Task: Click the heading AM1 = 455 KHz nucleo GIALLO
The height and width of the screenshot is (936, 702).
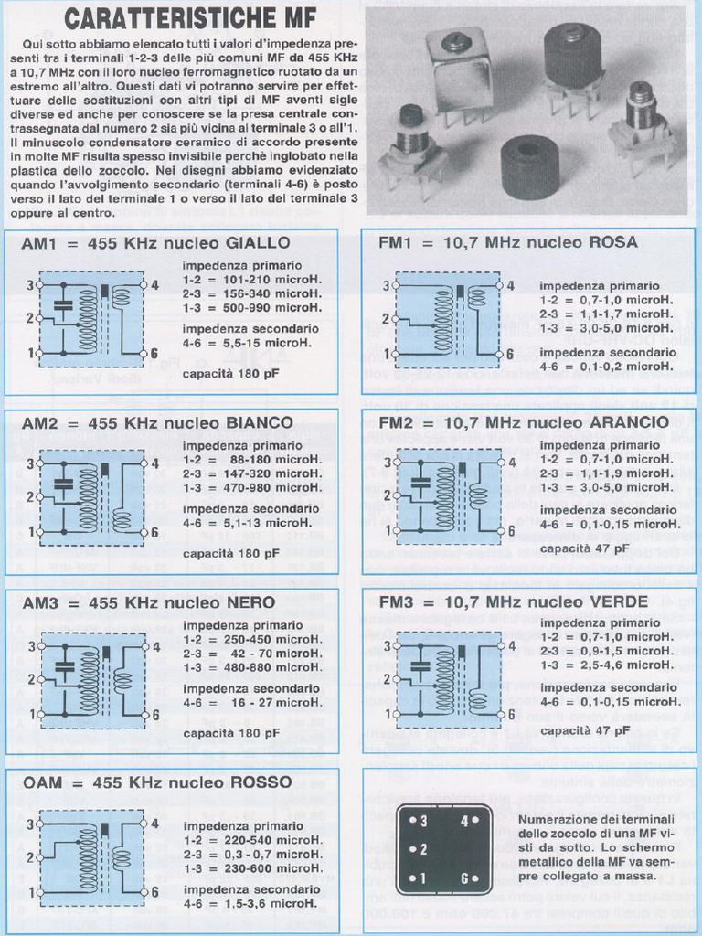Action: (155, 243)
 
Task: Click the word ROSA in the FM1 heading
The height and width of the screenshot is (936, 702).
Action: (614, 243)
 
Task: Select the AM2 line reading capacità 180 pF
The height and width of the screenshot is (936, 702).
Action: (230, 553)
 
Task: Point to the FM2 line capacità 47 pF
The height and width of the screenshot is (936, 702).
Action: (584, 548)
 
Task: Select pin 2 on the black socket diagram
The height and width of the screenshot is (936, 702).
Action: (421, 850)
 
